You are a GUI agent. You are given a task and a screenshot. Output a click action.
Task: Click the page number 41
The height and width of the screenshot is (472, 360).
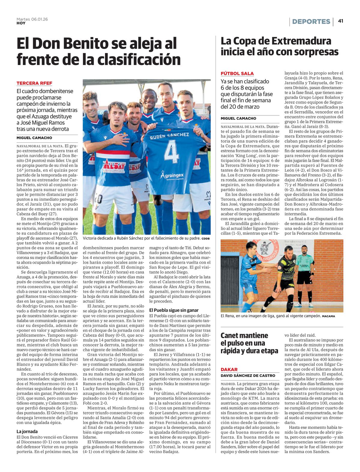point(340,21)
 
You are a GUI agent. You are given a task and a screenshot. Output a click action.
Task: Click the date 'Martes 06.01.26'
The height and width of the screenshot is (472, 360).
point(32,19)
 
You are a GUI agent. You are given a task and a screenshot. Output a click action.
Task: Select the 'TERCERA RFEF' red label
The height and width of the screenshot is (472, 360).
point(34,83)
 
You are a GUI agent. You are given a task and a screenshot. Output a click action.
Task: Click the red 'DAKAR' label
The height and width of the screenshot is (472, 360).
point(229,370)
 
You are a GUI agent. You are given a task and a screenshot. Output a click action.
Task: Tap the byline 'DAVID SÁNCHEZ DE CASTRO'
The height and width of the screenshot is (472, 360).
point(248,376)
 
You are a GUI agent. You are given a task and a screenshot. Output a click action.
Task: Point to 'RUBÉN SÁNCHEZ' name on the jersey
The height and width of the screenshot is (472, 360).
point(169,135)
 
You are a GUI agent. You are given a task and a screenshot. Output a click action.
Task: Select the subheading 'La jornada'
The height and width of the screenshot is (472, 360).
point(27,432)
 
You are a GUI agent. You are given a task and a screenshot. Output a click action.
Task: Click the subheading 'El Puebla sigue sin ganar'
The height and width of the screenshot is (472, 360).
point(174,310)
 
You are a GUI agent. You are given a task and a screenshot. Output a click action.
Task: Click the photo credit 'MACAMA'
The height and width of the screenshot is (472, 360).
point(328,316)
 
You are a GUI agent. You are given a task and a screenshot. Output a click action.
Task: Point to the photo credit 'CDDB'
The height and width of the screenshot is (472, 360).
point(206,239)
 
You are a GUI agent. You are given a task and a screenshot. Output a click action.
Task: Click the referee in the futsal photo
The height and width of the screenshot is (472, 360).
point(306,270)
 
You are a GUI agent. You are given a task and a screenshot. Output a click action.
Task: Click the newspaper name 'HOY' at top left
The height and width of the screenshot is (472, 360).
point(21,23)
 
